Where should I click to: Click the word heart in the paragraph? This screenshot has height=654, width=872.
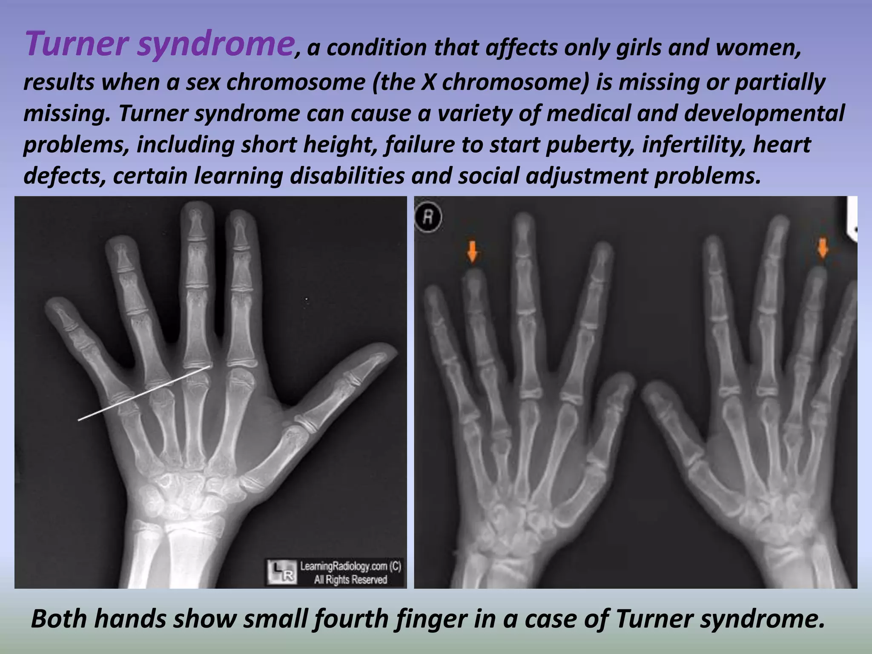coord(782,145)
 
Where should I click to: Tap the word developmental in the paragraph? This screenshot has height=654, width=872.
coord(764,114)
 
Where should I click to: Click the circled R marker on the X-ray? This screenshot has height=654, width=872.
coord(428,217)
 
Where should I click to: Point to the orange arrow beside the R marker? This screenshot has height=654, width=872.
coord(472,252)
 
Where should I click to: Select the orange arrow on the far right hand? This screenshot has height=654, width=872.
coord(822,248)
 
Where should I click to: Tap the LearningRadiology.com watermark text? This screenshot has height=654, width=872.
coord(350,566)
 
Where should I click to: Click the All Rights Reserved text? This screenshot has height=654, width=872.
coord(350,579)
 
